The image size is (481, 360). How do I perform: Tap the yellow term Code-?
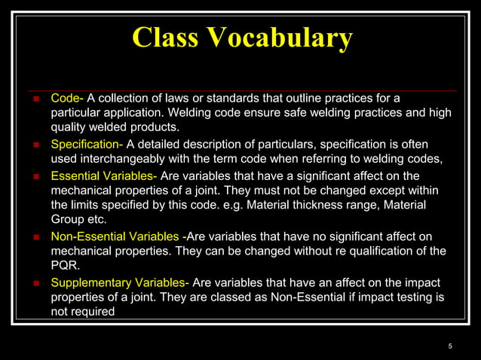coord(67,99)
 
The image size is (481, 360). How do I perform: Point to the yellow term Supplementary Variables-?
coord(120,283)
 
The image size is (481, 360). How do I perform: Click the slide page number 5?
coord(450,346)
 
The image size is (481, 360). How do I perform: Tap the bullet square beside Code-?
coord(35,99)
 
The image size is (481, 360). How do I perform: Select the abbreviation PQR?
coord(65,265)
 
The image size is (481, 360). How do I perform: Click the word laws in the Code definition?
coord(189,99)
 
